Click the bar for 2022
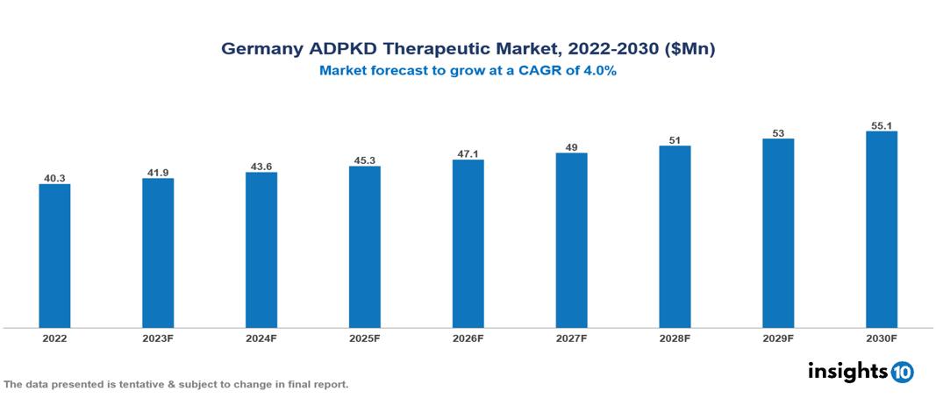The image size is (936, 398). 54,256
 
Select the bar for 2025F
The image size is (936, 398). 364,247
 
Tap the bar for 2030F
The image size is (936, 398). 881,230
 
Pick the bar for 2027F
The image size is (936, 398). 571,240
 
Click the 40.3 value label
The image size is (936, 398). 54,178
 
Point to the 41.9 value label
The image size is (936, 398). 158,173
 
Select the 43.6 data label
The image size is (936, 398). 261,167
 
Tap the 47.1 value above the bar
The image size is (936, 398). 468,153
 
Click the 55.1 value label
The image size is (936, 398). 881,125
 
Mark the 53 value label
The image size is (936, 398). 778,132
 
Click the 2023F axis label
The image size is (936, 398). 158,338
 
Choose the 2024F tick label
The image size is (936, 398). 261,338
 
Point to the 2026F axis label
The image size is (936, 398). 468,338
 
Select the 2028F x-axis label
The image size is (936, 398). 675,338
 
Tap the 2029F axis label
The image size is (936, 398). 778,338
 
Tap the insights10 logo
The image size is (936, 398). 860,371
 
